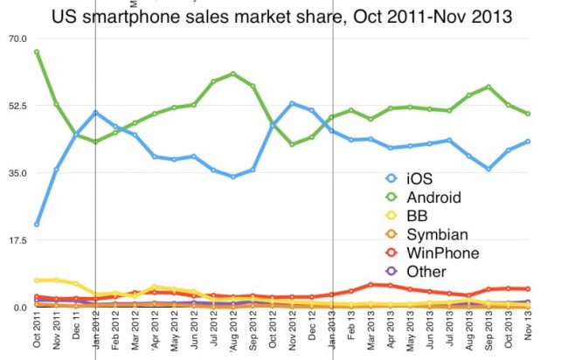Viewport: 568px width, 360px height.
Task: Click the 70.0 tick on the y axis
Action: coord(18,38)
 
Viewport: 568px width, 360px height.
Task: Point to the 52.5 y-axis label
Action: coord(18,106)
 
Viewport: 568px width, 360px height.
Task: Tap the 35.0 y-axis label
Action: coord(18,173)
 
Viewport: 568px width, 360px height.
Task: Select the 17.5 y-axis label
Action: coord(18,240)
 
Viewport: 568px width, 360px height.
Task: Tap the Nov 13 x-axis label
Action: coord(529,332)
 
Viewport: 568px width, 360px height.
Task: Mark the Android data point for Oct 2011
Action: coord(37,52)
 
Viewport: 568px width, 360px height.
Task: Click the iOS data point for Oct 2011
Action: coord(37,225)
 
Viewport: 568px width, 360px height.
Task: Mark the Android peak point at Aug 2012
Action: coord(233,73)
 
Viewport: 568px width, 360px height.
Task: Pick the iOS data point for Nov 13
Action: coord(529,141)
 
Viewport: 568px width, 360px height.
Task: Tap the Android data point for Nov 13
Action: coord(529,114)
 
